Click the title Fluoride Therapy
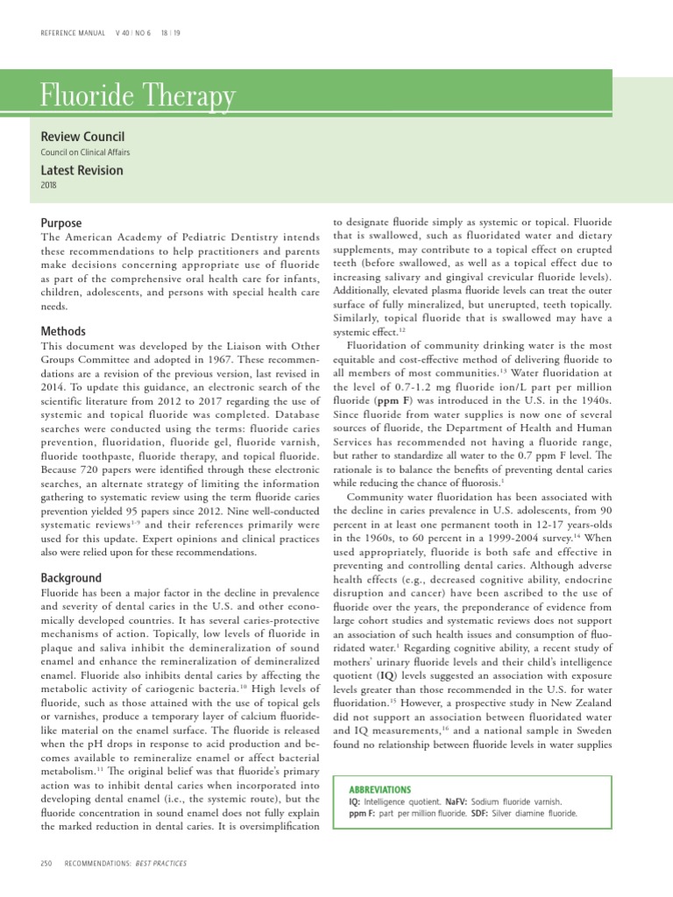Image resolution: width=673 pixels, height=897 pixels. [138, 95]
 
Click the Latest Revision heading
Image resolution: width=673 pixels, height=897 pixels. [82, 170]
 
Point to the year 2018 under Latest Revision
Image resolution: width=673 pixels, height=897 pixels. [49, 186]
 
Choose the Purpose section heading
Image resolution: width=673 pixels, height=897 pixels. [61, 223]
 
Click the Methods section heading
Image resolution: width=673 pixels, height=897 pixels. [63, 331]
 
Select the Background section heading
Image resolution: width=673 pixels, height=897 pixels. [71, 578]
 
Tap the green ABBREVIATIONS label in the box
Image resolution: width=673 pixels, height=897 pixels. [379, 789]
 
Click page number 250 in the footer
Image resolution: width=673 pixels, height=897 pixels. [48, 865]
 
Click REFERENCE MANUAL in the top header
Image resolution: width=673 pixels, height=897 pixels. [73, 34]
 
